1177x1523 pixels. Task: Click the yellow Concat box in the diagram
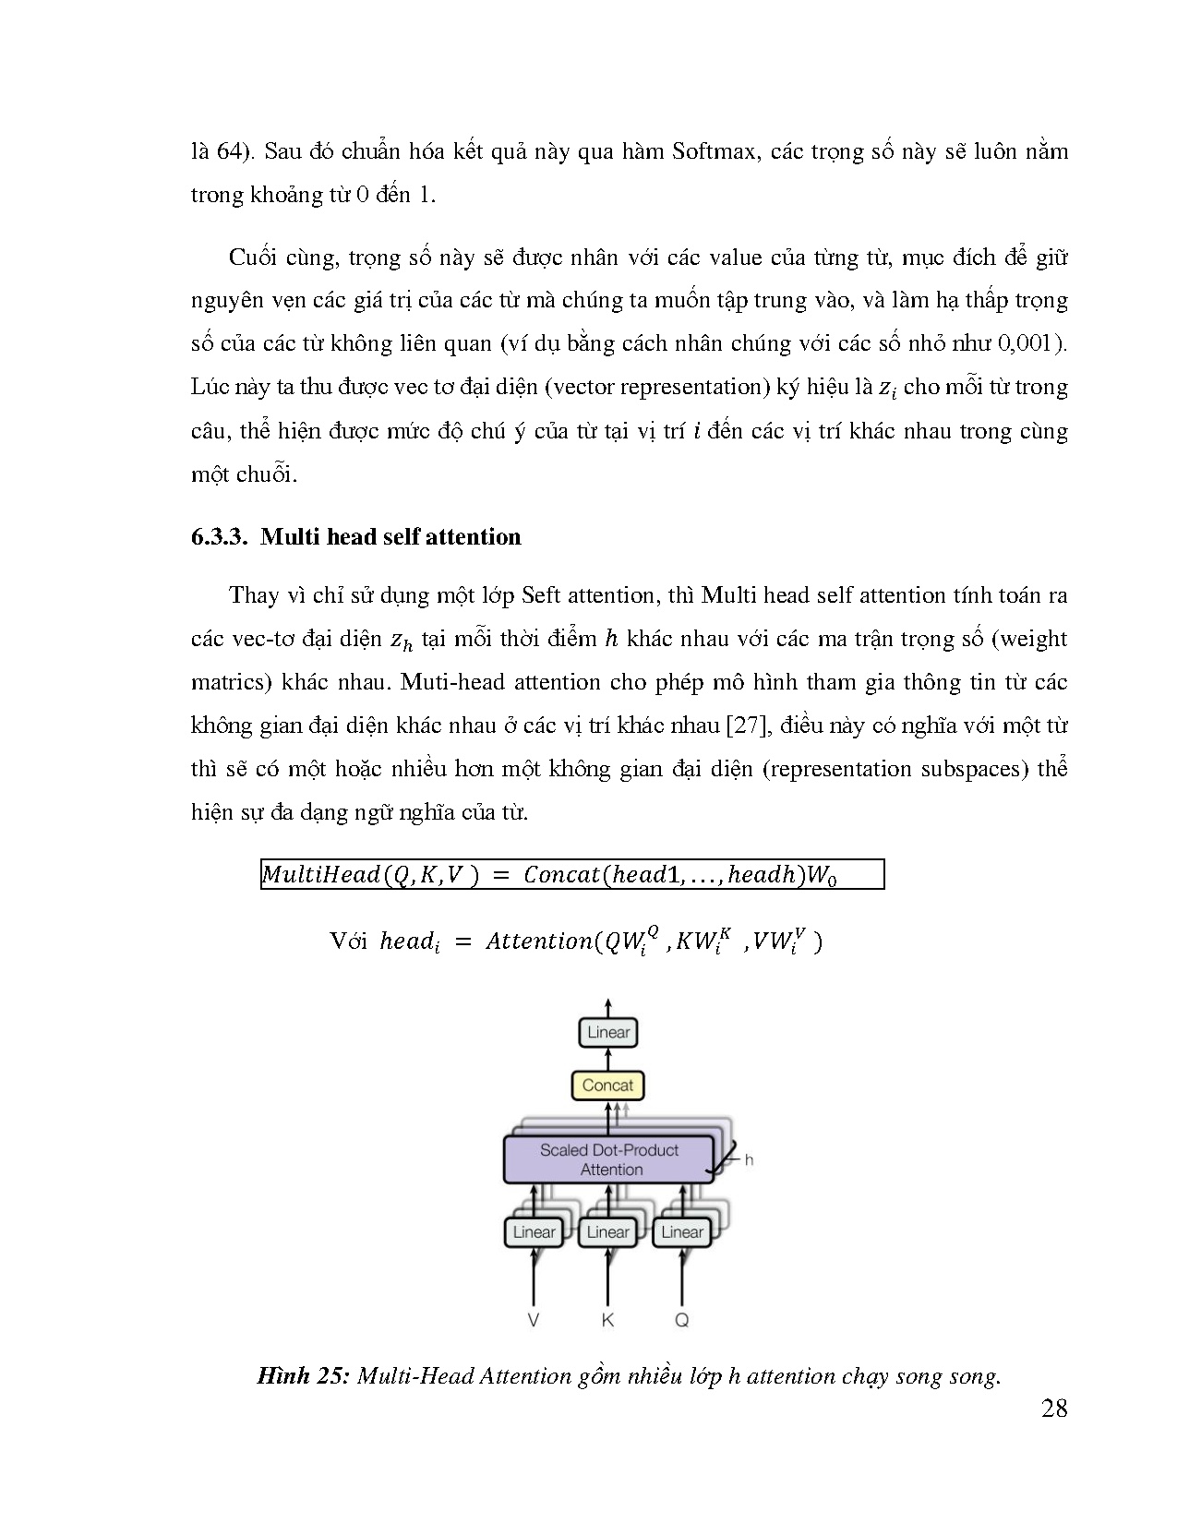[607, 1085]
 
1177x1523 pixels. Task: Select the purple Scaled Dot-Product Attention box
[608, 1159]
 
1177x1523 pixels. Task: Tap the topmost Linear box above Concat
[607, 1032]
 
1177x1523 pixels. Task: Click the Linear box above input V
[534, 1232]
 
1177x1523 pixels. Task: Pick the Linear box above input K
[607, 1232]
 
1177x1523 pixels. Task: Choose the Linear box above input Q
[681, 1232]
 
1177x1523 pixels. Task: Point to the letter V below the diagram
[533, 1321]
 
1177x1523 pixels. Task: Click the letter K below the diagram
[607, 1321]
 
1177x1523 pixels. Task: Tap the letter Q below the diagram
[681, 1321]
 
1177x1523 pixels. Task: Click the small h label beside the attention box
[749, 1160]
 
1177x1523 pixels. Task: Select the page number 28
[1054, 1409]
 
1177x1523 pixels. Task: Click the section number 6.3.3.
[219, 537]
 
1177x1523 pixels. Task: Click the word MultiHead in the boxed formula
[321, 874]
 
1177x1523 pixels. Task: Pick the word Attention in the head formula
[539, 941]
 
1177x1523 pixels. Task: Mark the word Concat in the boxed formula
[561, 874]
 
